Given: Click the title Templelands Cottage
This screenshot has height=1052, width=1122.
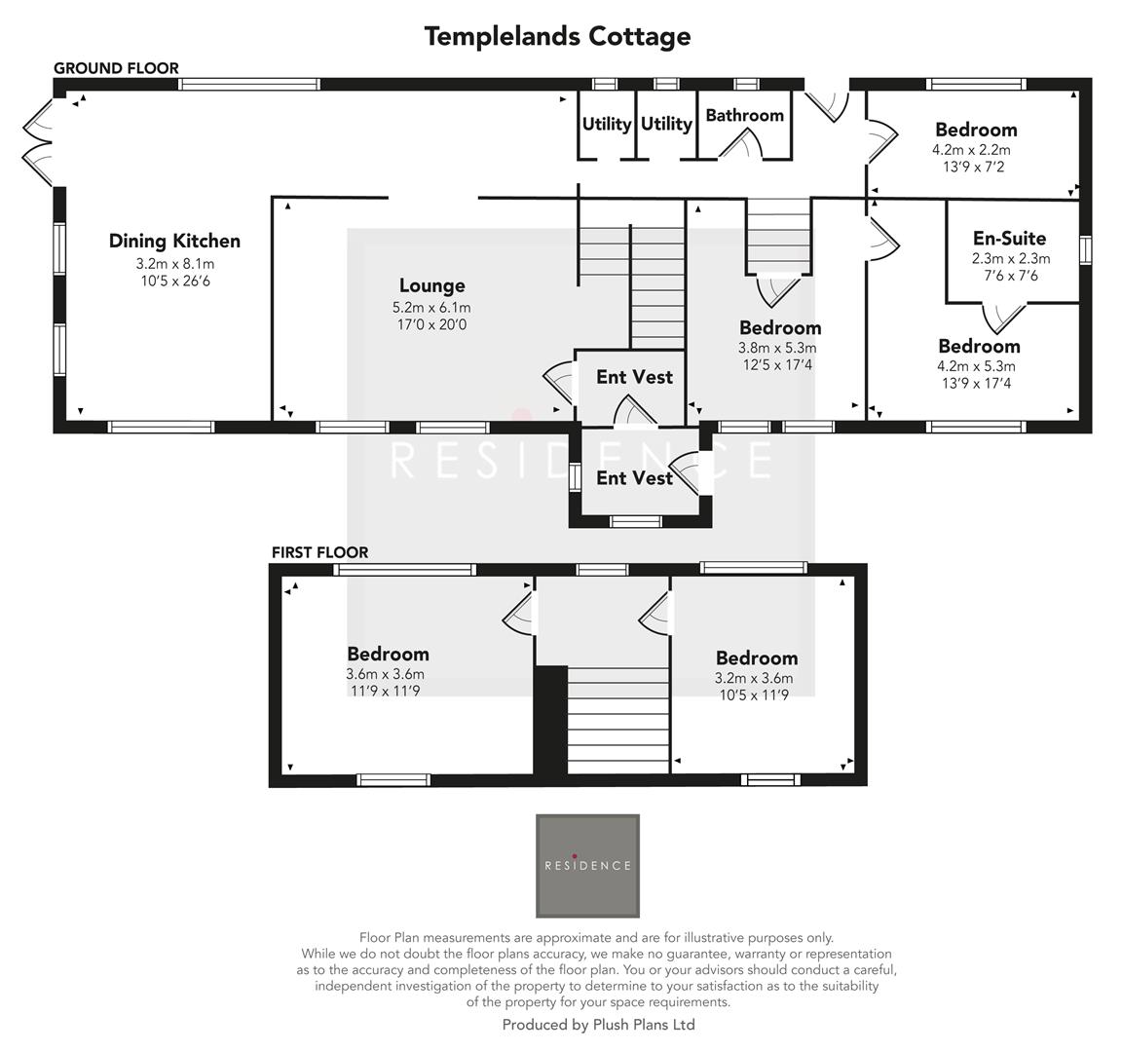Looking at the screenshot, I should click(x=557, y=36).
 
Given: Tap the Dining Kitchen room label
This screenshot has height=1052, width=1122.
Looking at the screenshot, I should click(x=174, y=241).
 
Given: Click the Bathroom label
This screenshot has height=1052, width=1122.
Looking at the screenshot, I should click(x=744, y=115).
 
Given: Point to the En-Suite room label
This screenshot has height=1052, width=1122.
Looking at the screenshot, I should click(x=1009, y=238).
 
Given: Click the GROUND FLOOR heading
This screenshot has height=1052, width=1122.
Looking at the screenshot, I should click(x=116, y=68).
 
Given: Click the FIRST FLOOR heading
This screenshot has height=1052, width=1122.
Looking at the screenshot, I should click(x=319, y=552).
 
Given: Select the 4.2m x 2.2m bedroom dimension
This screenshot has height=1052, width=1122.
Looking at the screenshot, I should click(x=971, y=150).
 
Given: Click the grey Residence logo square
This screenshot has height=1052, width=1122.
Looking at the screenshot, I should click(x=587, y=865).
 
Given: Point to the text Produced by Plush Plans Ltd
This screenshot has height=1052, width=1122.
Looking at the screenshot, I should click(x=598, y=1025).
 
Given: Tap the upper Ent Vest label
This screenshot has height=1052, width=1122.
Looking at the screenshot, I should click(x=634, y=377).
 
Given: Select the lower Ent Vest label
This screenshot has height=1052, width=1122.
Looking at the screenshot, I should click(x=634, y=478).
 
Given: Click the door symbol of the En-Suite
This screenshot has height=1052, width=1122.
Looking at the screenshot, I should click(x=1004, y=318).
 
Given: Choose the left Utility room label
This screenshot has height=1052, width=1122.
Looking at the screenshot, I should click(x=607, y=124).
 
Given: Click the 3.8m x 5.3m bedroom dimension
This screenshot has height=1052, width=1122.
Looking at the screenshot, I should click(x=777, y=348).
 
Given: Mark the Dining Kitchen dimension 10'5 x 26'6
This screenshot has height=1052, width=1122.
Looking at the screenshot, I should click(x=174, y=282).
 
